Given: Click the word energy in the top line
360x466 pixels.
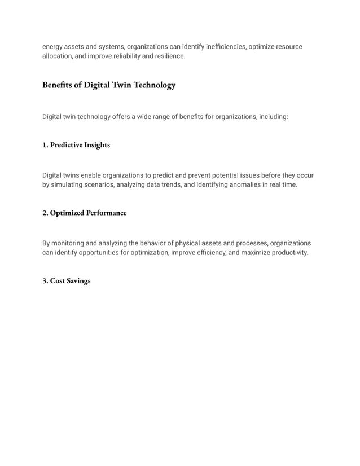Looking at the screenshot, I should coord(53,47).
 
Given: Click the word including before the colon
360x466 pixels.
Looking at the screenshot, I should coord(270,117).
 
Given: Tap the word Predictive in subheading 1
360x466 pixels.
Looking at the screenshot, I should coord(66,145).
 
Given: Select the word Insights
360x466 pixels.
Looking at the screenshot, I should coord(97,145).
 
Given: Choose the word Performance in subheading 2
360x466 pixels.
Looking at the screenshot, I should coord(106,213).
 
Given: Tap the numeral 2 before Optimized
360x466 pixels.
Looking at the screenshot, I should coord(45,213).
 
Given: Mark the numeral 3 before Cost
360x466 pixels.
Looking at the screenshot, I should coord(45,280).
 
